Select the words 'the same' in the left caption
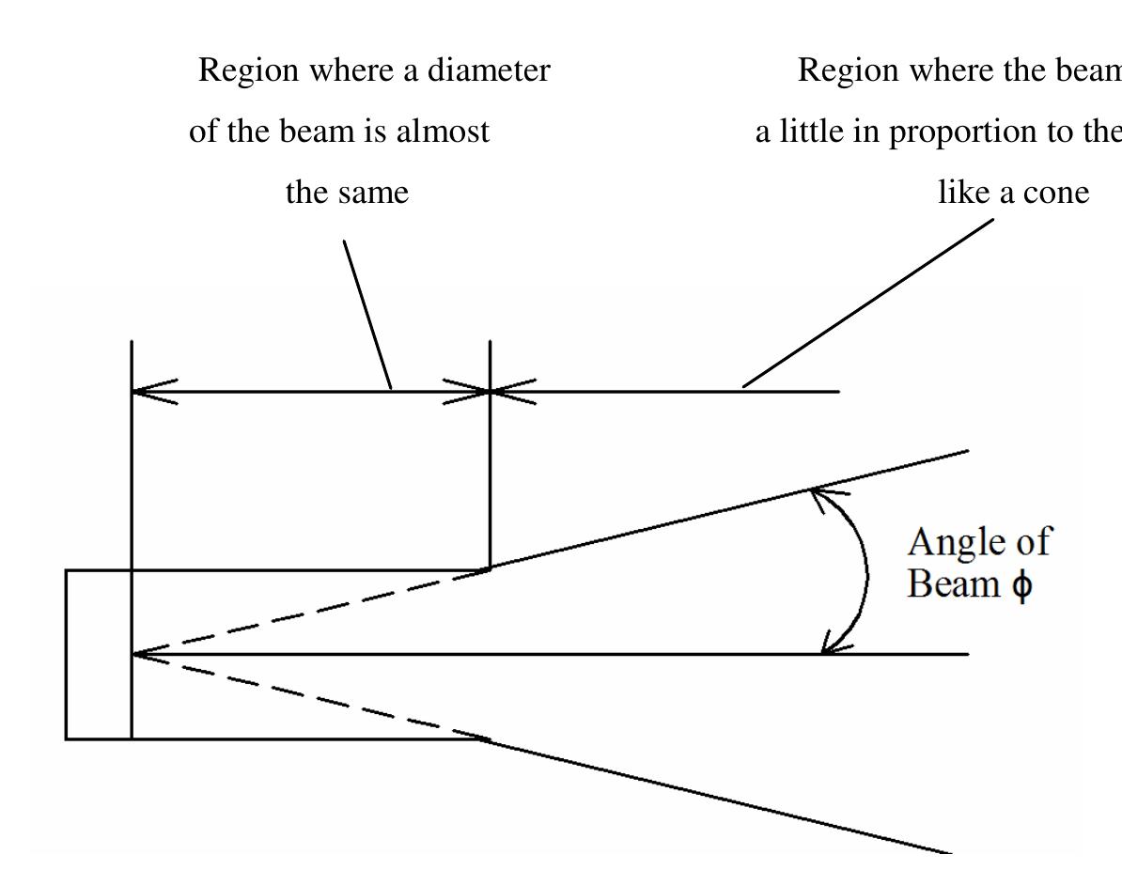tap(348, 193)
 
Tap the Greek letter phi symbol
tap(1021, 584)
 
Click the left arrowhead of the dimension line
tap(150, 391)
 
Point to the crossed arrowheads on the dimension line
tap(490, 391)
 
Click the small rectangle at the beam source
tap(98, 654)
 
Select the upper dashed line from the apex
tap(310, 612)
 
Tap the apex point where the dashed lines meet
tap(133, 654)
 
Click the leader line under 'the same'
tap(367, 314)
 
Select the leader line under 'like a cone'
tap(868, 302)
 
